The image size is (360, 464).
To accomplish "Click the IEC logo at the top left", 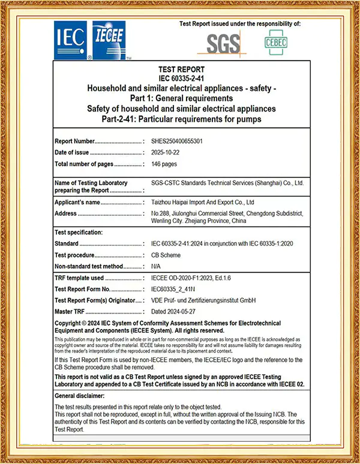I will (x=72, y=40).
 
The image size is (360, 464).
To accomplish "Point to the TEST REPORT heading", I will (x=181, y=70).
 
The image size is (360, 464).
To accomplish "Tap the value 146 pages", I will (x=164, y=164).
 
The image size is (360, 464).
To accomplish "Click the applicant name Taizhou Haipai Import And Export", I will (x=203, y=203).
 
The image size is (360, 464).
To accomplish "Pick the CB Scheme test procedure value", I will (x=167, y=255).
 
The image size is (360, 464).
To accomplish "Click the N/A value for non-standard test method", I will (x=156, y=266).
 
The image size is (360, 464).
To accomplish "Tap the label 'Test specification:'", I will (x=79, y=232).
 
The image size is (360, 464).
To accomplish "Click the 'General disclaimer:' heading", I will (x=79, y=396).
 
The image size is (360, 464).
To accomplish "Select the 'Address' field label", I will (x=65, y=213).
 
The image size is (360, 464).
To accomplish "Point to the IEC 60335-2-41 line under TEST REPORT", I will (x=181, y=79).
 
